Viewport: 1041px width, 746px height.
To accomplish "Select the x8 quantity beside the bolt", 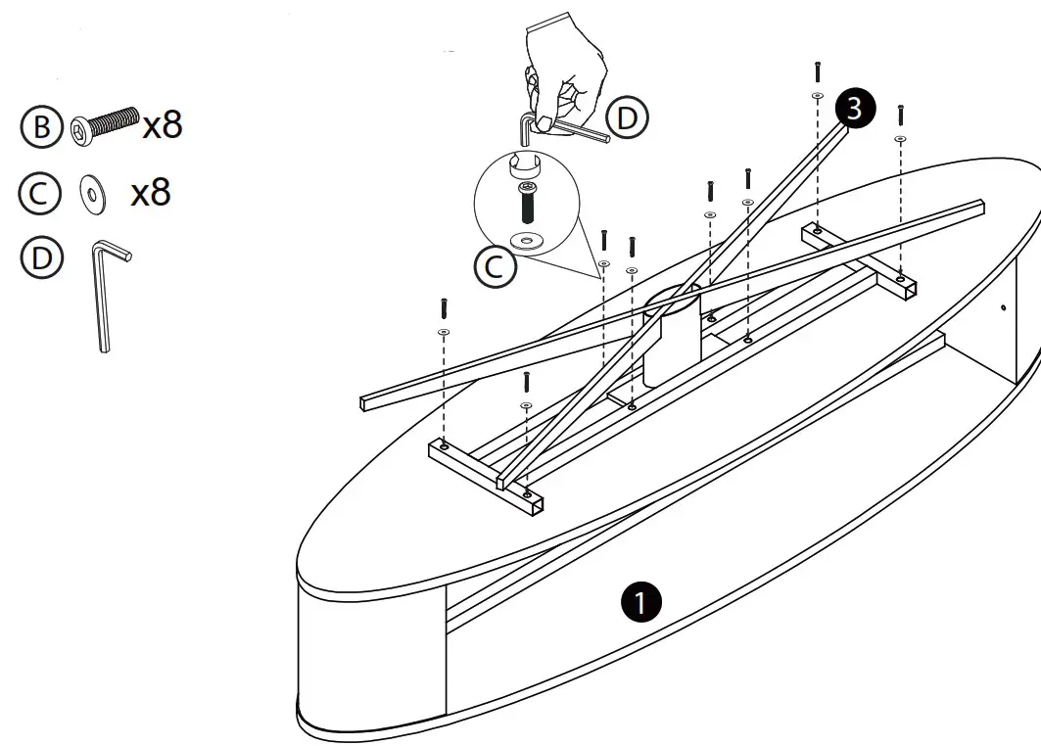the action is (162, 125).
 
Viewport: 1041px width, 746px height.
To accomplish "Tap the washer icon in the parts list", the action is (92, 195).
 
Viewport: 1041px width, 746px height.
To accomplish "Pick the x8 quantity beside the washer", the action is (151, 193).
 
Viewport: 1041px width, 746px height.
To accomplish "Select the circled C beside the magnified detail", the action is (496, 265).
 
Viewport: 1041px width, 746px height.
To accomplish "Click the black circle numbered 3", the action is (854, 109).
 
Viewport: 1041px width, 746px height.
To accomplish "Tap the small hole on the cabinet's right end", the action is (1003, 309).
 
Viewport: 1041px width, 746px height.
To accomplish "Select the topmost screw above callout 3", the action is (816, 70).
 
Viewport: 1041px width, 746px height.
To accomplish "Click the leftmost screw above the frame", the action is (443, 307).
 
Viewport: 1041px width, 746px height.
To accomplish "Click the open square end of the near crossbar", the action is (538, 507).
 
